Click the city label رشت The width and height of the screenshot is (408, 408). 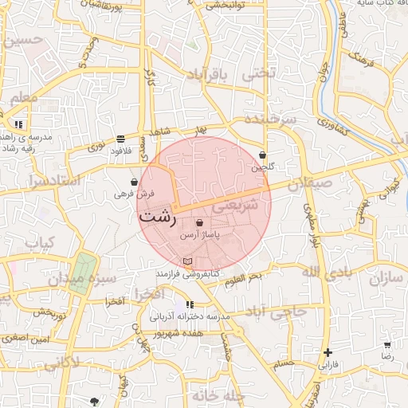(x=157, y=217)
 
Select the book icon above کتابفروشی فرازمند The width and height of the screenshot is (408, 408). (x=187, y=261)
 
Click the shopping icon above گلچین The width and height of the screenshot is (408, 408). (x=263, y=155)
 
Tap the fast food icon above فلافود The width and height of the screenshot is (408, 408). (x=120, y=138)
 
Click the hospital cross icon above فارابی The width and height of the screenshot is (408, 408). (x=328, y=352)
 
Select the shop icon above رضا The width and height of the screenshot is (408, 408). (x=387, y=345)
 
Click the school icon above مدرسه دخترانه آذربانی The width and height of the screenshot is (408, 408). (x=190, y=304)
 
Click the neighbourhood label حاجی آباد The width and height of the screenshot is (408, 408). (x=277, y=312)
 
